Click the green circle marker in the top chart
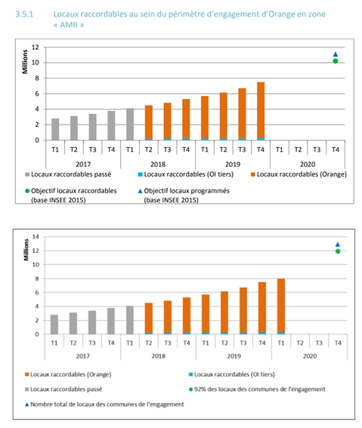(x=335, y=61)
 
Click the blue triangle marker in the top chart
(x=335, y=54)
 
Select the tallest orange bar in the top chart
(x=260, y=111)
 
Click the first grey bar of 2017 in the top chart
(x=55, y=129)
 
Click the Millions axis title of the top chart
(x=25, y=60)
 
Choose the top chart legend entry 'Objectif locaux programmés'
(x=184, y=192)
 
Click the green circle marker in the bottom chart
(x=338, y=251)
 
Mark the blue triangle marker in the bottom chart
(x=338, y=244)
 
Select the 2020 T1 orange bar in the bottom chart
(x=281, y=306)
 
